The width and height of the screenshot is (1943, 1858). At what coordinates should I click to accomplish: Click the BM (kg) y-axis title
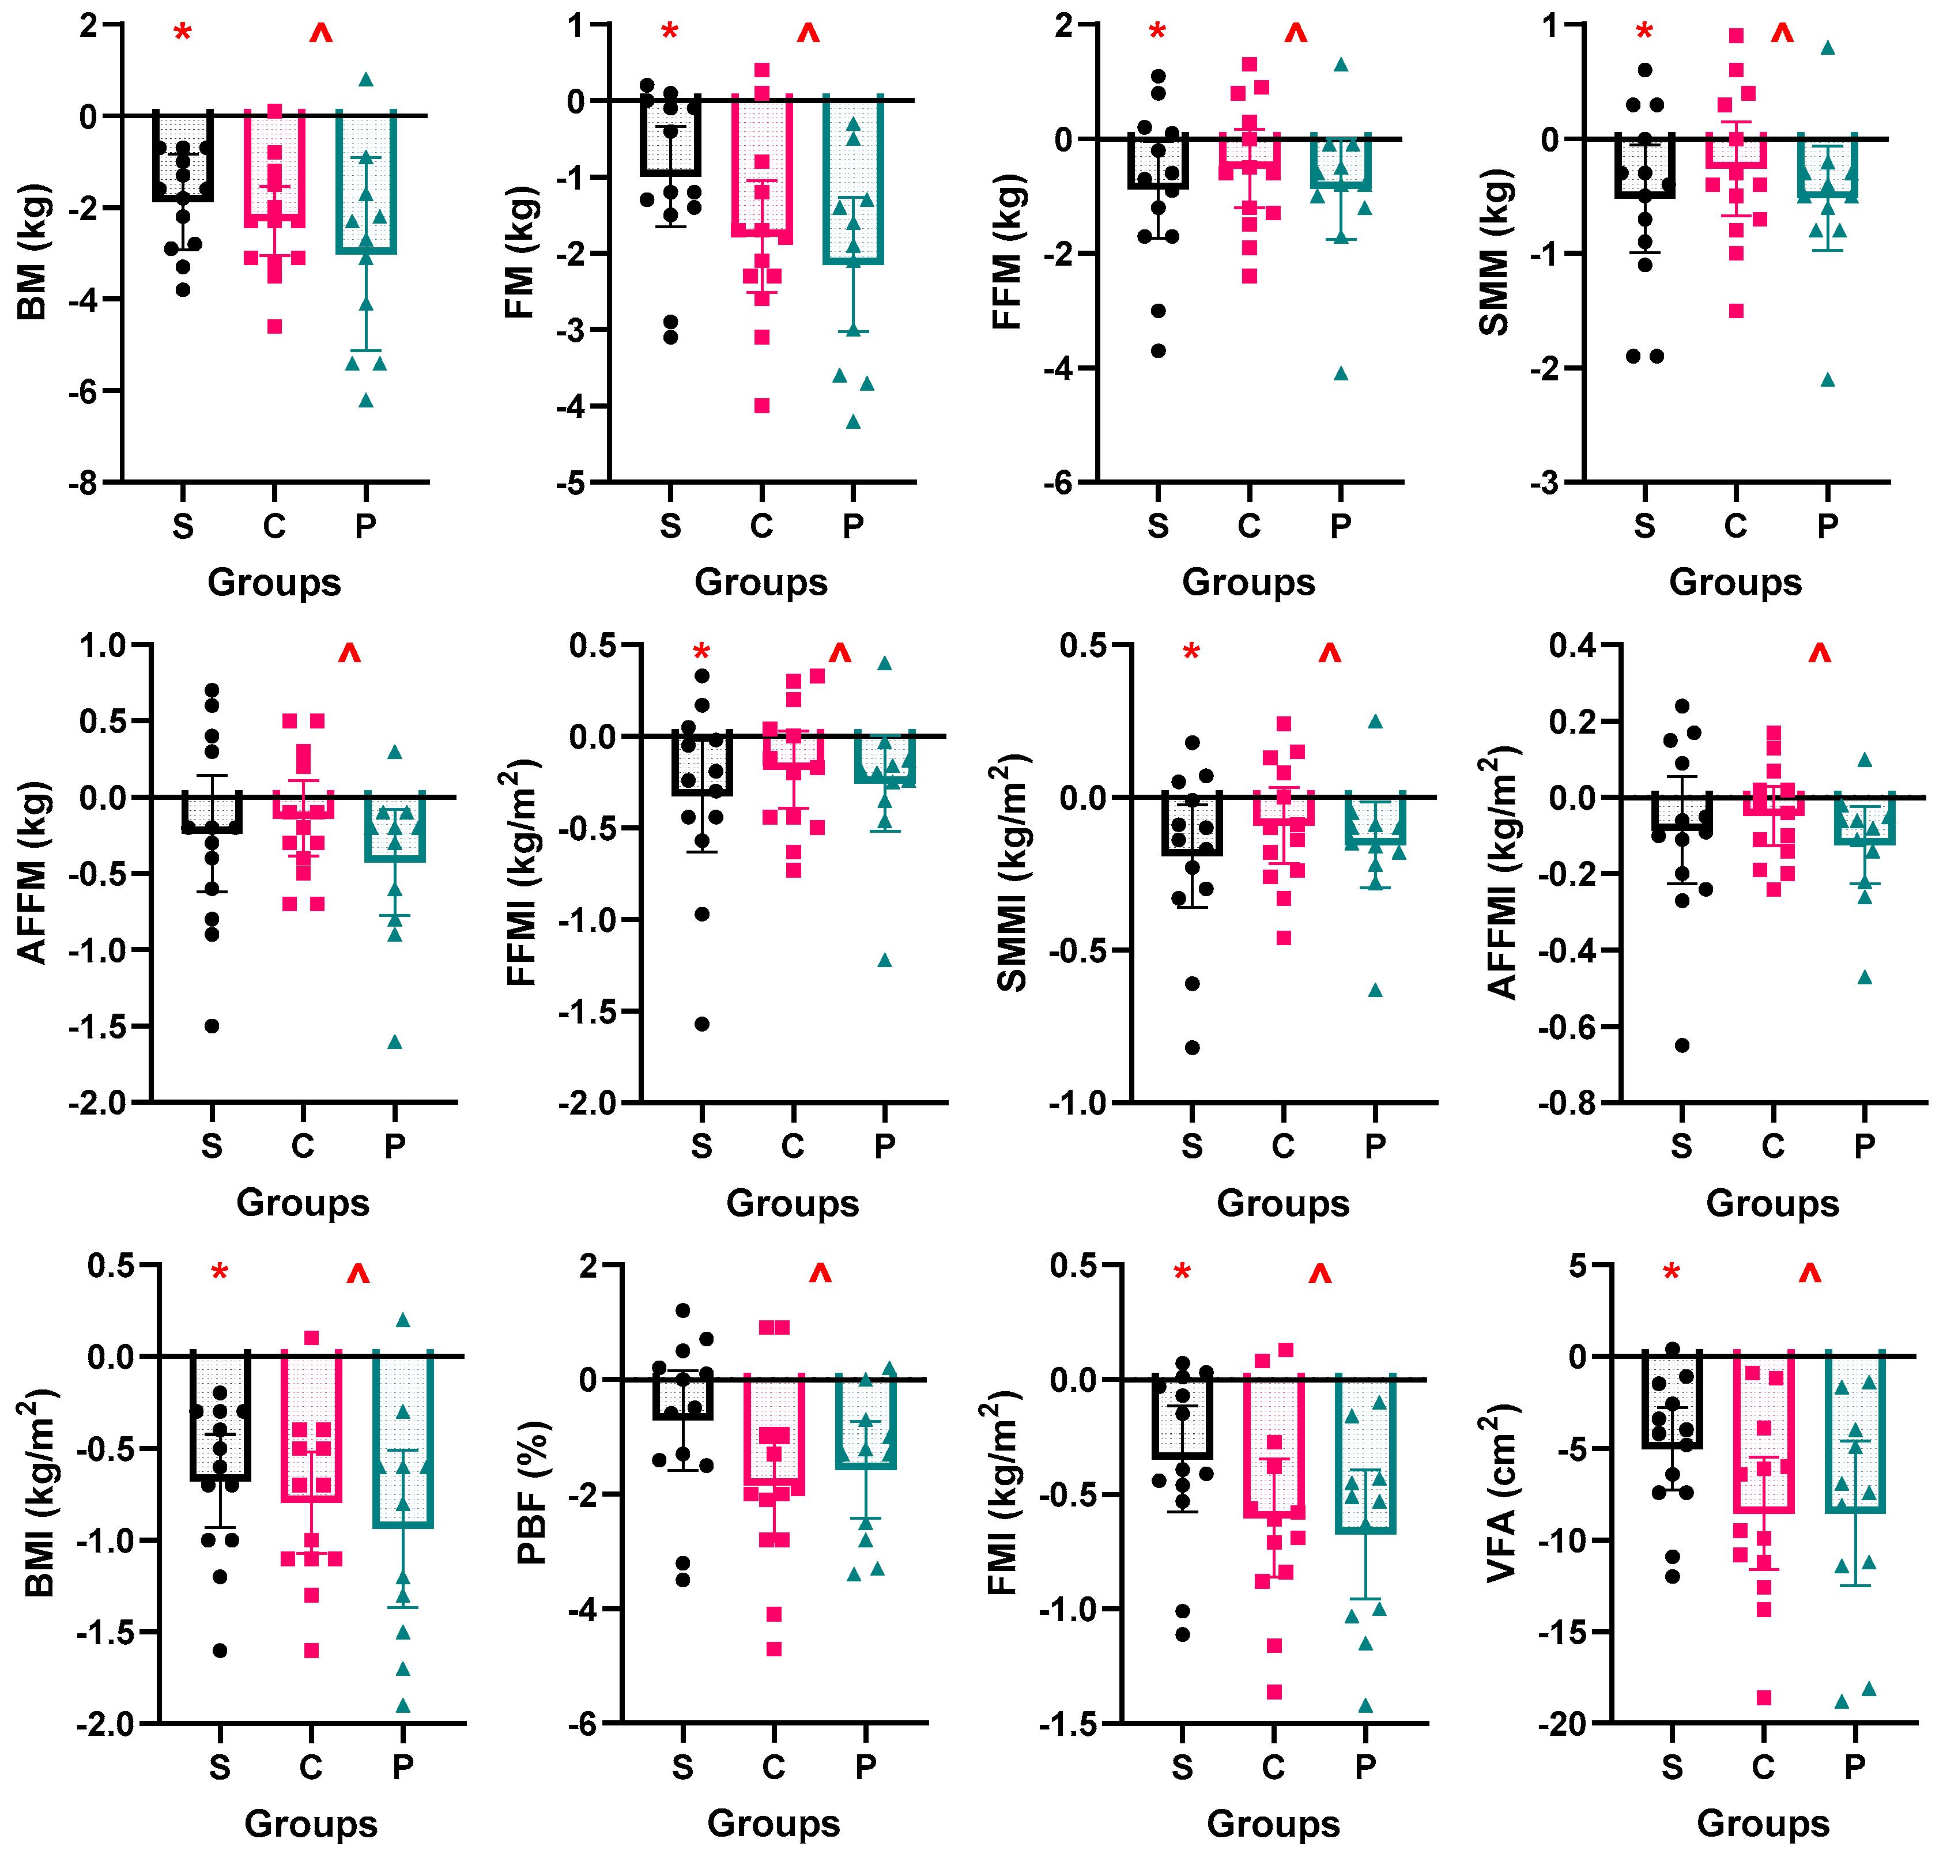click(33, 252)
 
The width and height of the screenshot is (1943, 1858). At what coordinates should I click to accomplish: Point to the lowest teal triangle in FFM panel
click(1341, 373)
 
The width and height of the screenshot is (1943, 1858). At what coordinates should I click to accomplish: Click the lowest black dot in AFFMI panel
click(1681, 1045)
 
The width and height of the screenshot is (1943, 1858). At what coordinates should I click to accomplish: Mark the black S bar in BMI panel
click(220, 1417)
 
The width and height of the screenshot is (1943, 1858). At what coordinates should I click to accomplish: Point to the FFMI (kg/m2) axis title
click(522, 874)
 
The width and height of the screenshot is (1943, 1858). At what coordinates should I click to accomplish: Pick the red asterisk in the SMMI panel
click(1191, 654)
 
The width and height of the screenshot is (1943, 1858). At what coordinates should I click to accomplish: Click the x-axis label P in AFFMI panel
click(1864, 1147)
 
